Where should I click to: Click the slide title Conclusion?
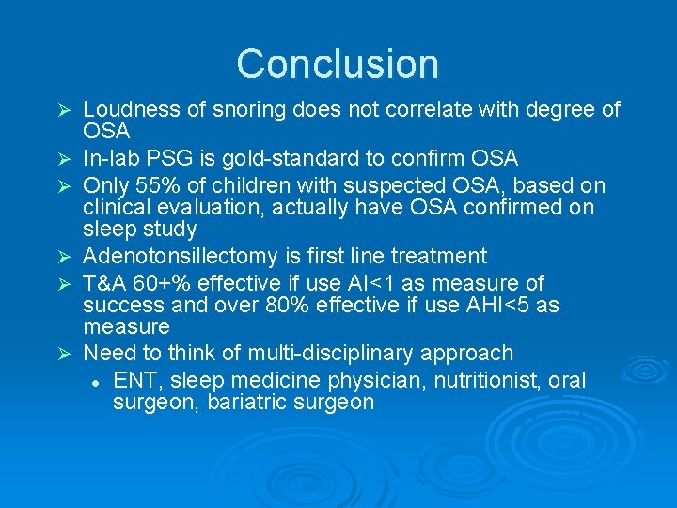point(338,64)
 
